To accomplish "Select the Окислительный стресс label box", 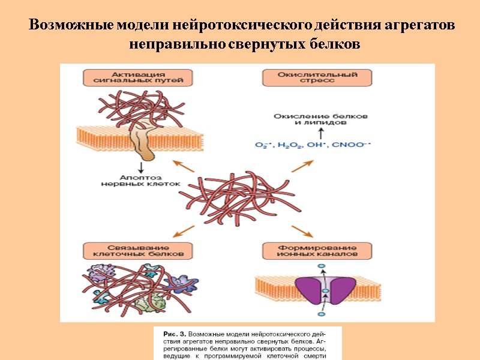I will [318, 78].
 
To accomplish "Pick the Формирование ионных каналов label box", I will [318, 251].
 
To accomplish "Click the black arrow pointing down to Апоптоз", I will [142, 167].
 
